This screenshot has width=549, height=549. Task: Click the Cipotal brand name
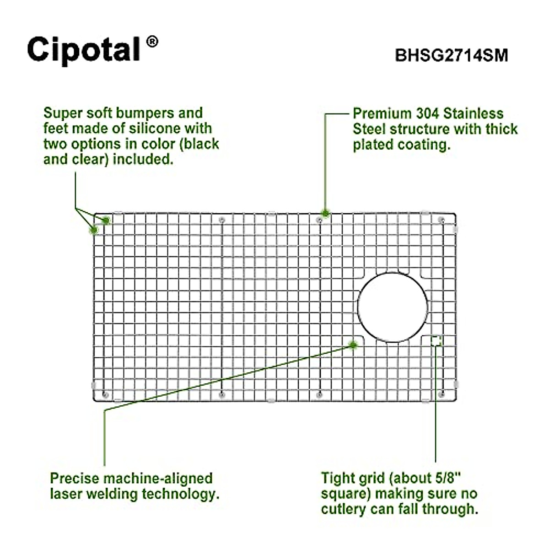[83, 49]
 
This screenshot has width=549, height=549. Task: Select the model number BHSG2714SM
[451, 55]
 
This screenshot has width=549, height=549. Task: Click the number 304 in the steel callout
[428, 113]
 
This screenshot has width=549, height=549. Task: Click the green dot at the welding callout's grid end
[353, 344]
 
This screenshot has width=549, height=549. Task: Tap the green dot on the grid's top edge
[326, 213]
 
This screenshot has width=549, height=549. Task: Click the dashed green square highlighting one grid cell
[436, 340]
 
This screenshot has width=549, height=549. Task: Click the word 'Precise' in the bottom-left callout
[74, 479]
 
